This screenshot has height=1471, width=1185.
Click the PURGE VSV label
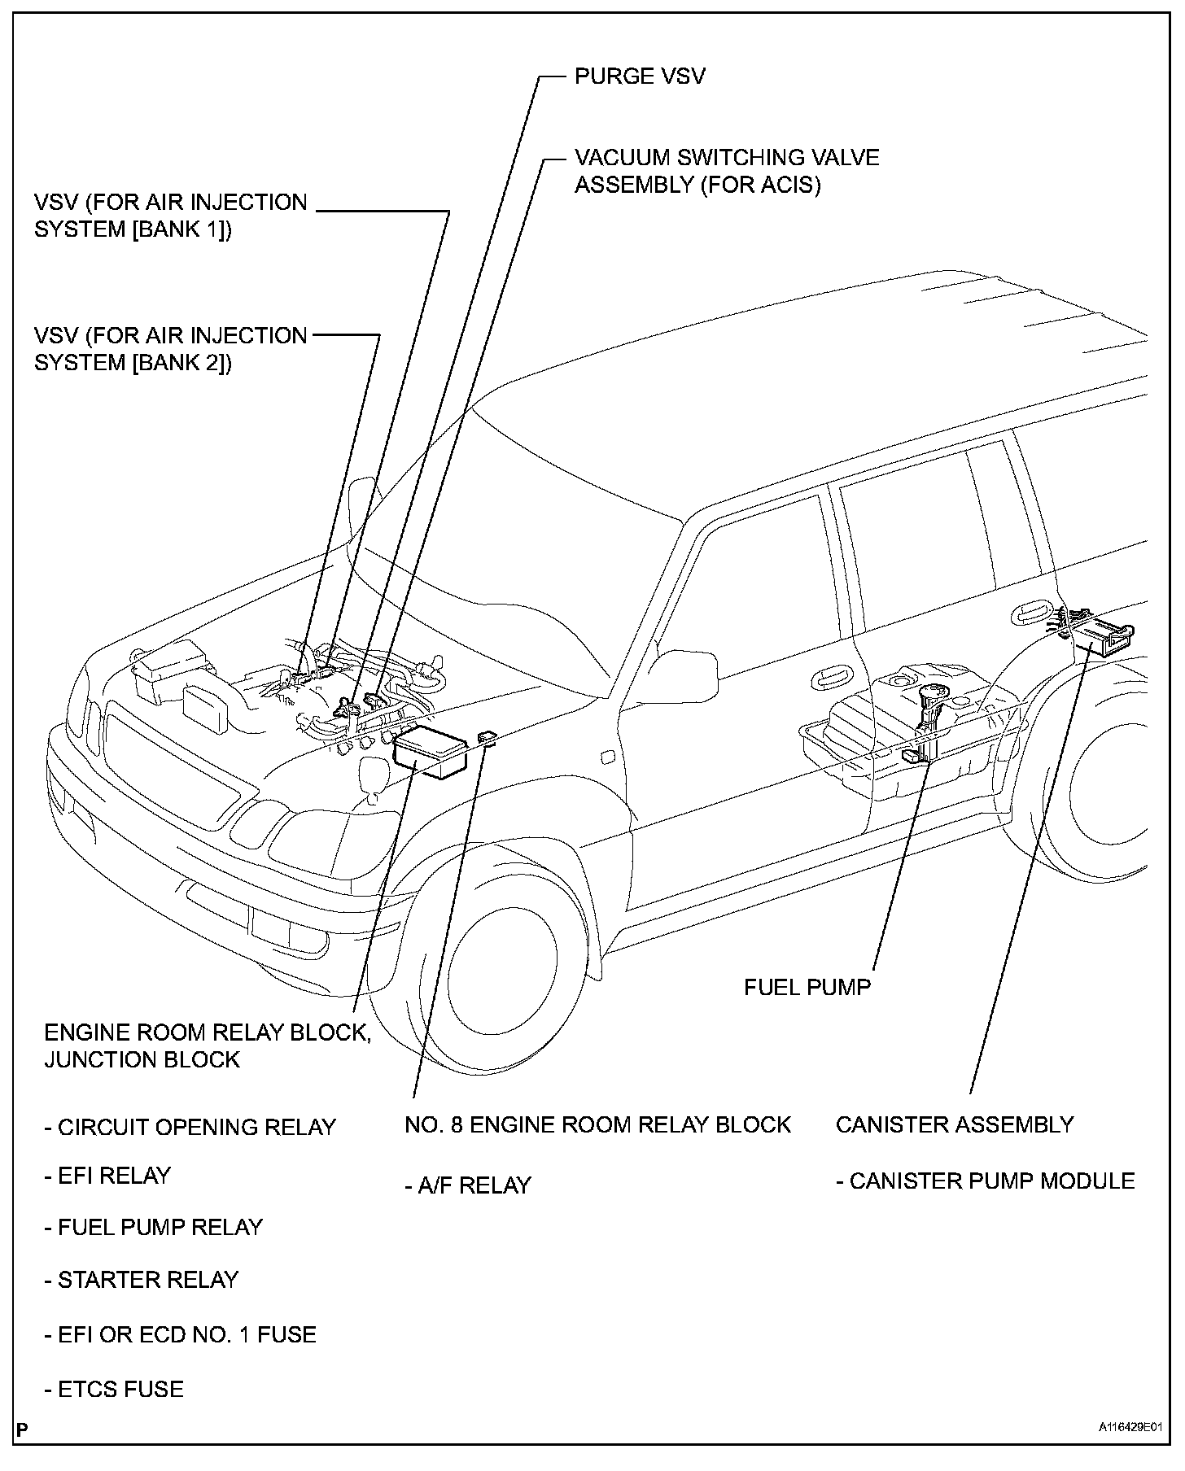640,76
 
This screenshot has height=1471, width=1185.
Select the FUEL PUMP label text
807,987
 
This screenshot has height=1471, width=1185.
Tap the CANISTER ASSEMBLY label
955,1124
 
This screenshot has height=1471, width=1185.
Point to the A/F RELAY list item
468,1185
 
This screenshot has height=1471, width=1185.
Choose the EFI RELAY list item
107,1176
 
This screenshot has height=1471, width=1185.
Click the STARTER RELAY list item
141,1280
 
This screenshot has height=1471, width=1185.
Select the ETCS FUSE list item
114,1389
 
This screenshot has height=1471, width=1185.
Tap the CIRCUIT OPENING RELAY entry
190,1127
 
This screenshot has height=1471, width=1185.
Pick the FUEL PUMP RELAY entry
154,1227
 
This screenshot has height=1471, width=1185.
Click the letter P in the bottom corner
21,1450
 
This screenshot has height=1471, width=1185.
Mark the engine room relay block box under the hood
431,753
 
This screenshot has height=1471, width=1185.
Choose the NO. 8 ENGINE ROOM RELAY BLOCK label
597,1124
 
